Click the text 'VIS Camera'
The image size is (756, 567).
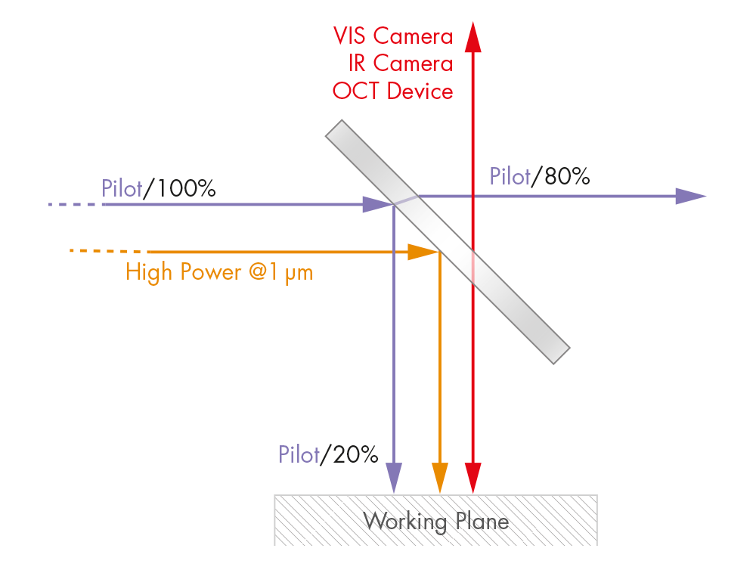(393, 36)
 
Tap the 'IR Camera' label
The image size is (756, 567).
(401, 64)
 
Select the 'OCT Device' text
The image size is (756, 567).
(393, 91)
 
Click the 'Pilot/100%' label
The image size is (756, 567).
(159, 187)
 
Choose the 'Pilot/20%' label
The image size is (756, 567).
(328, 455)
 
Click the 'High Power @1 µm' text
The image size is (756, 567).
(219, 272)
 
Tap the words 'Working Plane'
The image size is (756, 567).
(436, 521)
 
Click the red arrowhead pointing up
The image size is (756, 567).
(473, 36)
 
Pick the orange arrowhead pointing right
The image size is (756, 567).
(423, 252)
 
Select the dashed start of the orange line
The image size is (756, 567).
(106, 250)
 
